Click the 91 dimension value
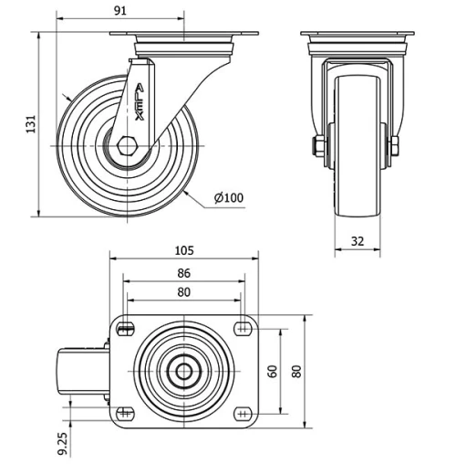point(120,11)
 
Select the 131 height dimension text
point(30,124)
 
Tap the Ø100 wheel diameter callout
point(228,197)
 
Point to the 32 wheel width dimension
point(357,242)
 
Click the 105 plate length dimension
point(185,250)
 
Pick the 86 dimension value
point(183,273)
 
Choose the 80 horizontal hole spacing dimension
point(183,292)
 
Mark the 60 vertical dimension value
point(273,371)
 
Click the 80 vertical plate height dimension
point(296,371)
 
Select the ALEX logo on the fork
point(138,100)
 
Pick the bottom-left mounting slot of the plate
point(126,413)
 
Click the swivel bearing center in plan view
point(183,371)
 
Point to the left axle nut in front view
point(318,145)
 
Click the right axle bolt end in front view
point(395,145)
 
